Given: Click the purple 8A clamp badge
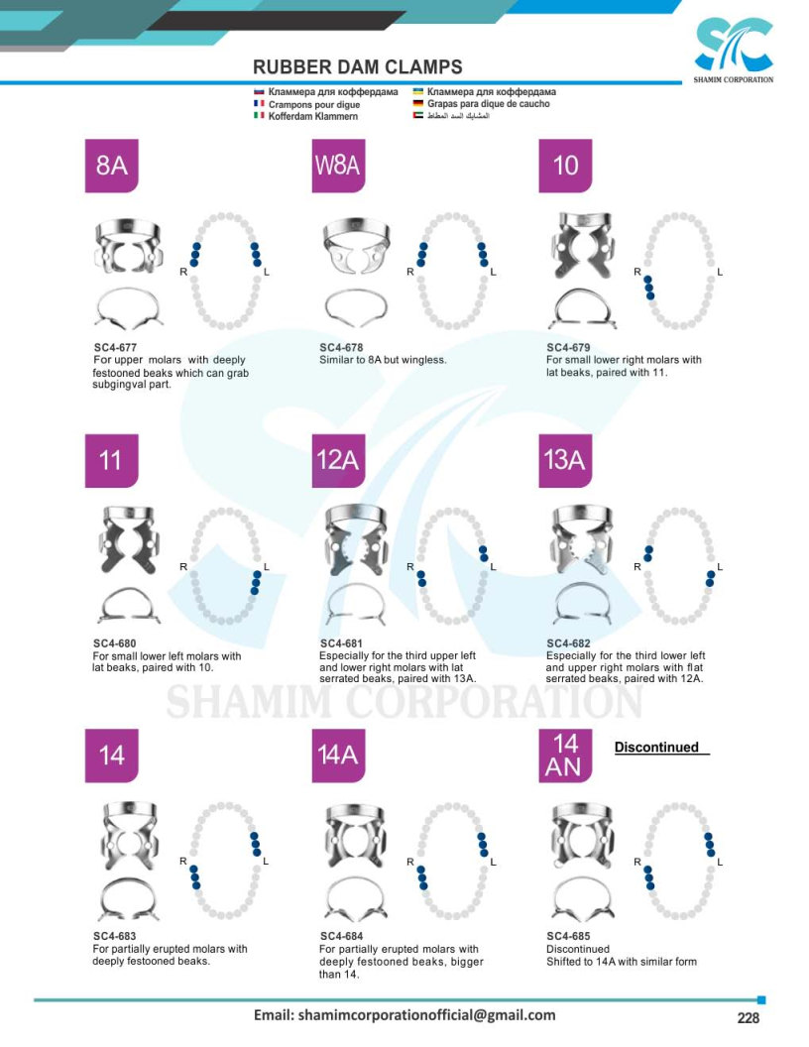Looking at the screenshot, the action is [111, 166].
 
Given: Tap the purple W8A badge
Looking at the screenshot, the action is [338, 166].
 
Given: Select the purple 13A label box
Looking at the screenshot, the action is [565, 461].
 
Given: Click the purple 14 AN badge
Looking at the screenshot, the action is [565, 756].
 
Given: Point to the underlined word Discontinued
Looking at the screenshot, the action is [656, 748].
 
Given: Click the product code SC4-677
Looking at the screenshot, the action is [115, 347].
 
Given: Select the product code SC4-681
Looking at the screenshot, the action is [341, 643].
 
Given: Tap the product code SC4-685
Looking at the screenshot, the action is [568, 936].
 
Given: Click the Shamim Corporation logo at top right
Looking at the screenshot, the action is [733, 50].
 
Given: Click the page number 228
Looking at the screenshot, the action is [749, 1017].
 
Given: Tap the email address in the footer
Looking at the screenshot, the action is [404, 1015].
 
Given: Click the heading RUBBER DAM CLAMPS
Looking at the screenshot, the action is [358, 67].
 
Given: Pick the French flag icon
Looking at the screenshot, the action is [259, 103].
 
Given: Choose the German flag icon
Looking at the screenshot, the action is [418, 103].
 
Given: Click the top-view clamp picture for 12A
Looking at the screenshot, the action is [357, 540].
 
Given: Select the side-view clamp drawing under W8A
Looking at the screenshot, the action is [357, 308].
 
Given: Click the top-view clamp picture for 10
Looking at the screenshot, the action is [584, 245].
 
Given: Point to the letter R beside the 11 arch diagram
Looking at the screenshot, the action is [182, 567].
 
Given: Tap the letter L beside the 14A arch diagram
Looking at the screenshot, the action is [494, 862].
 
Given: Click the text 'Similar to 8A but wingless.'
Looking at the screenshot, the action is [383, 360].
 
